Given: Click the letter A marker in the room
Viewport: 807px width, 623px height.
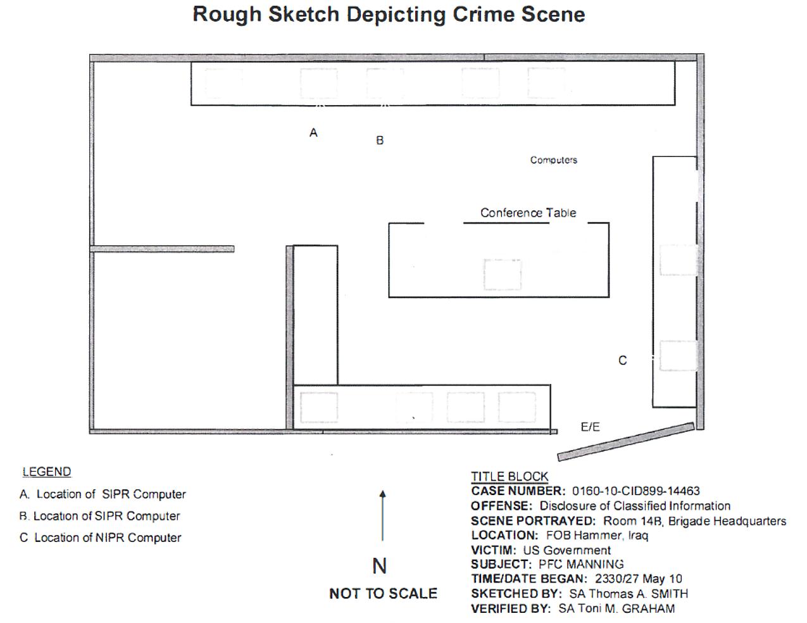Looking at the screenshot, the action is click(313, 132).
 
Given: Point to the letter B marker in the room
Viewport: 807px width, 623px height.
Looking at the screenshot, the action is click(380, 141).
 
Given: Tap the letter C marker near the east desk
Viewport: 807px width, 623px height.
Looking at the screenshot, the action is click(623, 360).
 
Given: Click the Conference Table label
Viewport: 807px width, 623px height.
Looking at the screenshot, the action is click(528, 213).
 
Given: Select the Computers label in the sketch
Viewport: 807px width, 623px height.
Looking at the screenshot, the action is click(554, 160).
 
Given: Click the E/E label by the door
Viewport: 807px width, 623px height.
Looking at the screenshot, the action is click(591, 427).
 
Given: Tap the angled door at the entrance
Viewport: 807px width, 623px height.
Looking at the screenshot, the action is click(626, 442).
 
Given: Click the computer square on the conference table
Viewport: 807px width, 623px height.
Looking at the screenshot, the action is click(503, 275).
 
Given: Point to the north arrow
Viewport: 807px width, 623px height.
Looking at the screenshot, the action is click(383, 515).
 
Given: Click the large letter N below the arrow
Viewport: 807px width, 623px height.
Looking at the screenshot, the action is click(380, 566).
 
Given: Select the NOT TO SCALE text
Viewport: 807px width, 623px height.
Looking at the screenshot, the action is click(384, 594).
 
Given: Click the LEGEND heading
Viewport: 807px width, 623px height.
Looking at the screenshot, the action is click(47, 472).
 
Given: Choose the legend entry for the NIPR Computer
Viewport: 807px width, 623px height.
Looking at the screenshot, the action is click(100, 538).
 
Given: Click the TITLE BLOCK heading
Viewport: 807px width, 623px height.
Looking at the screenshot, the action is click(510, 477).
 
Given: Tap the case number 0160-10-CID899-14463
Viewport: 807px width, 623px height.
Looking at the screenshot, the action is click(636, 491).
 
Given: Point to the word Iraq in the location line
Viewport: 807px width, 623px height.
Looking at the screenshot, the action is click(638, 536).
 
